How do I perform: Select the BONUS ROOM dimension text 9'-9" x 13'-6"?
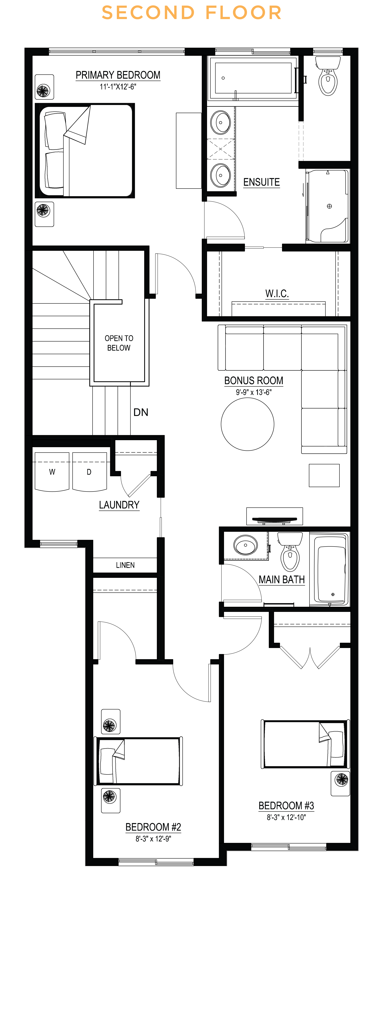(254, 392)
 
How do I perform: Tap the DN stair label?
(141, 412)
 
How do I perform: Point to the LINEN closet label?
(125, 565)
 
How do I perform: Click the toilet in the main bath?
(290, 553)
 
